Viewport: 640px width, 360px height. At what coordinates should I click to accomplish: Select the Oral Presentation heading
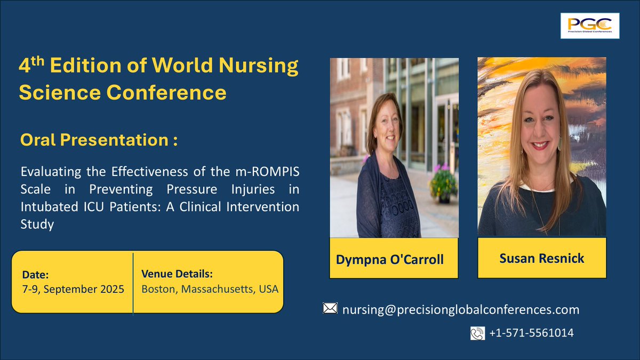pos(98,140)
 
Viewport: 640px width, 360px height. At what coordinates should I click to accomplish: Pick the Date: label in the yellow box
pos(35,275)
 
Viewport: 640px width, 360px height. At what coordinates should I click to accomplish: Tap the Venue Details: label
pos(177,274)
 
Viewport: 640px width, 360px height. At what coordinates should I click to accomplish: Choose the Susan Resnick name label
pos(541,258)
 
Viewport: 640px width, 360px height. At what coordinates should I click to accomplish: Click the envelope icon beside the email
pos(330,308)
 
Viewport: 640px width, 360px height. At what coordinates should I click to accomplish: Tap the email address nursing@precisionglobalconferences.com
pos(460,309)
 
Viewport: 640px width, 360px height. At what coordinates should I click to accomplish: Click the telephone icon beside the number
pos(477,333)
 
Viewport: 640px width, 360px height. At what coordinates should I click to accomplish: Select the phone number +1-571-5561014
pos(531,333)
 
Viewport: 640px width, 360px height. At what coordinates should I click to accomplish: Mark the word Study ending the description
pos(37,225)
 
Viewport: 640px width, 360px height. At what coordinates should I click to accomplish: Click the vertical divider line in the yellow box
pos(133,283)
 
